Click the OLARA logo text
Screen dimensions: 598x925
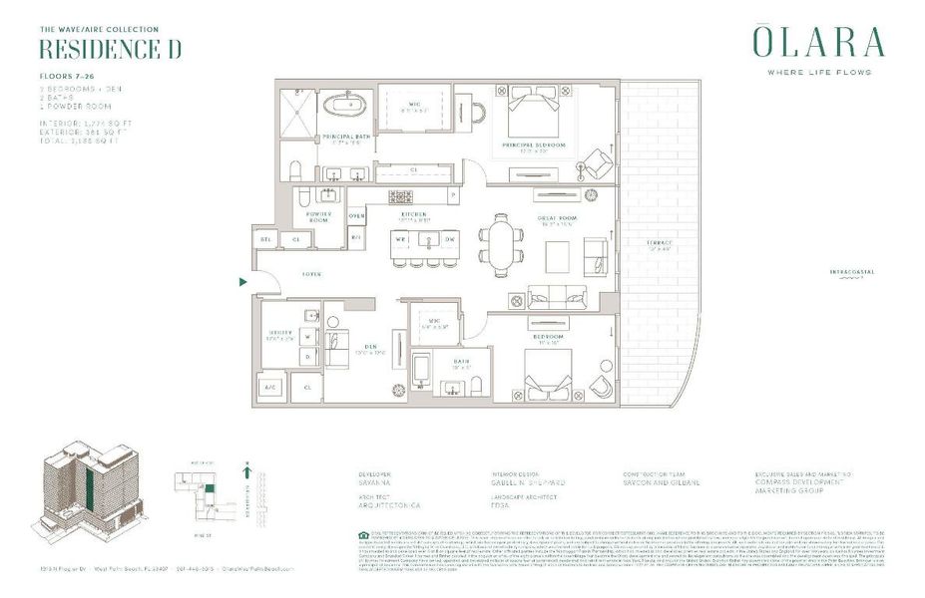point(817,43)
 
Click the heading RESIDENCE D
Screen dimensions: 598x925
point(110,50)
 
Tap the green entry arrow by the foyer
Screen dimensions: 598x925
point(242,282)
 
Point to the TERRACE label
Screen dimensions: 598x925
point(659,243)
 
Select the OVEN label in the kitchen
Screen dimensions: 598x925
point(356,215)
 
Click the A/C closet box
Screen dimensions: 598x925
point(270,386)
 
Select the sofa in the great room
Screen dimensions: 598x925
point(561,296)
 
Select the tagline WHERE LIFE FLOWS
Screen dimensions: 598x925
point(817,73)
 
